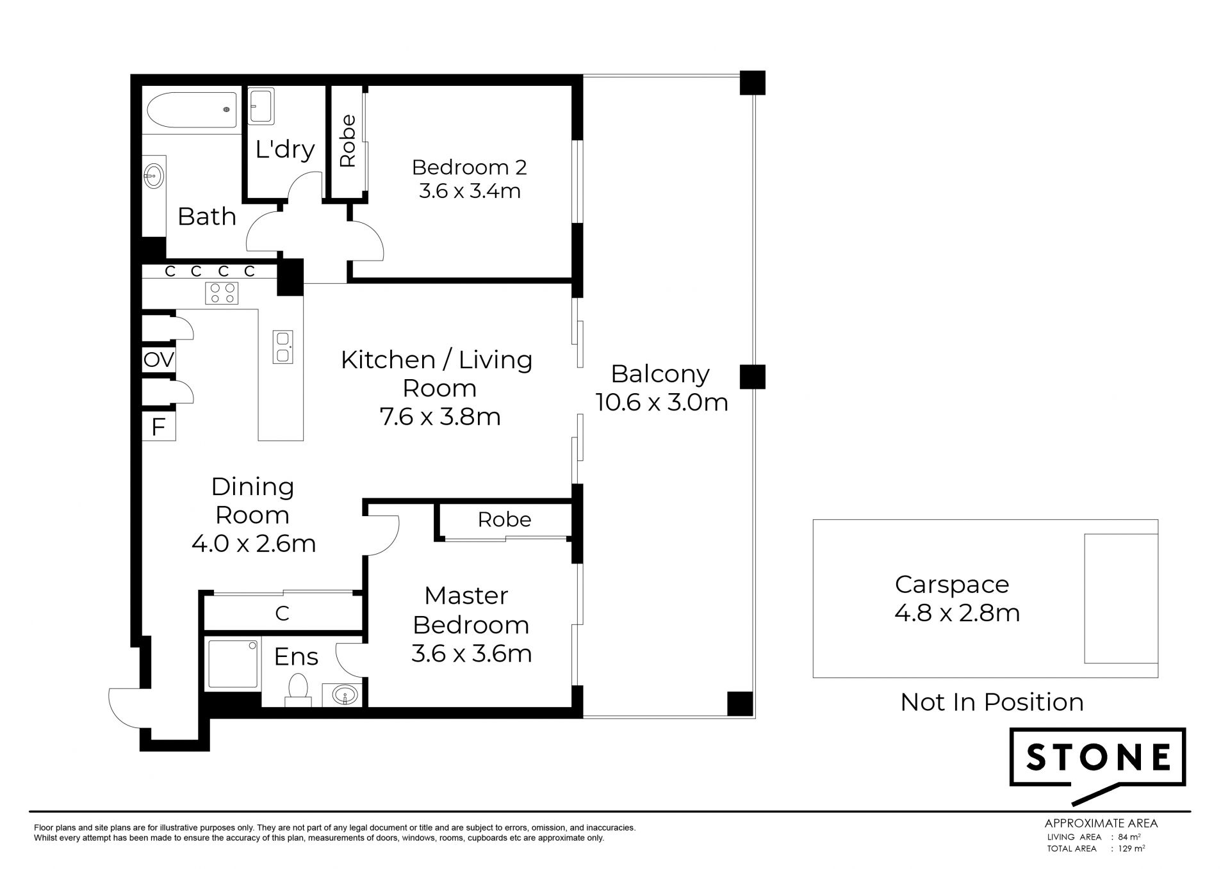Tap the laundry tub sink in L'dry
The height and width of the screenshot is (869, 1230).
(261, 106)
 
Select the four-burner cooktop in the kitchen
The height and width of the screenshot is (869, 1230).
(222, 293)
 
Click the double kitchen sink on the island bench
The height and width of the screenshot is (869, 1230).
(283, 347)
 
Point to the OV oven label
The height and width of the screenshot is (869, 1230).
(159, 360)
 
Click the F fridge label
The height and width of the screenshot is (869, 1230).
(158, 426)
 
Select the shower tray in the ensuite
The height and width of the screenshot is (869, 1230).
(233, 664)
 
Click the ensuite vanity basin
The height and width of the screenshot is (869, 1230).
(346, 694)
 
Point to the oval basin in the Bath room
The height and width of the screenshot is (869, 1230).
(154, 175)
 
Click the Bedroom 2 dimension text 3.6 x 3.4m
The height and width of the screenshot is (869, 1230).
(470, 191)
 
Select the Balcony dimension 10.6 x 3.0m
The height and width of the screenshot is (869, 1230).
(662, 402)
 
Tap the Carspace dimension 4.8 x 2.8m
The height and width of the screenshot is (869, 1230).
(957, 613)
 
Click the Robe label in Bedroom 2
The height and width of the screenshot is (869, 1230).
(347, 141)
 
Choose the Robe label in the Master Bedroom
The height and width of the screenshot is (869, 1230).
(505, 519)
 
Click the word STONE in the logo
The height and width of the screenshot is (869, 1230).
(1098, 758)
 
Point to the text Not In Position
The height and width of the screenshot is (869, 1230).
(992, 702)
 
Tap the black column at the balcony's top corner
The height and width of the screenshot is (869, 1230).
(752, 83)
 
